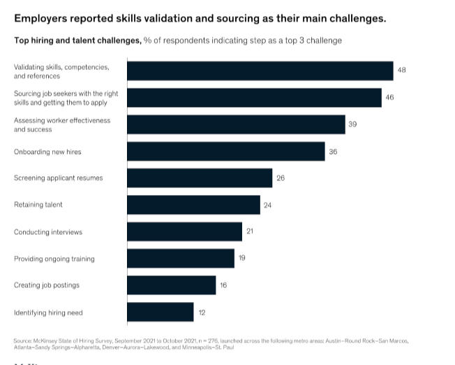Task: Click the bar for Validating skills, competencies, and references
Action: pos(260,71)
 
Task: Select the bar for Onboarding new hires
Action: pos(225,151)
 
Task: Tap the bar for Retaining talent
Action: pos(193,205)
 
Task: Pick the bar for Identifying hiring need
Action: pos(160,312)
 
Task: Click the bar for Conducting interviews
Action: pos(184,231)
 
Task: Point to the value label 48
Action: pos(401,71)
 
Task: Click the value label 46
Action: pos(389,97)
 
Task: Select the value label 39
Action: pos(352,124)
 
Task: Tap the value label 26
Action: pos(280,178)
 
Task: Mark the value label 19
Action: pos(241,259)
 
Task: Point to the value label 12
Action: pos(202,312)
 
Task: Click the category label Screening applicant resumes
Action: pos(58,178)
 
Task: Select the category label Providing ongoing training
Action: pos(54,259)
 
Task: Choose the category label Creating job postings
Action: pos(47,285)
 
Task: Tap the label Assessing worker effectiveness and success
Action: pos(62,124)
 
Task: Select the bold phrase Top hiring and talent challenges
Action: pos(77,41)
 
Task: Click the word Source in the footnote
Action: pos(22,341)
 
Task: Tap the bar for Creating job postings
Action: pos(172,285)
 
